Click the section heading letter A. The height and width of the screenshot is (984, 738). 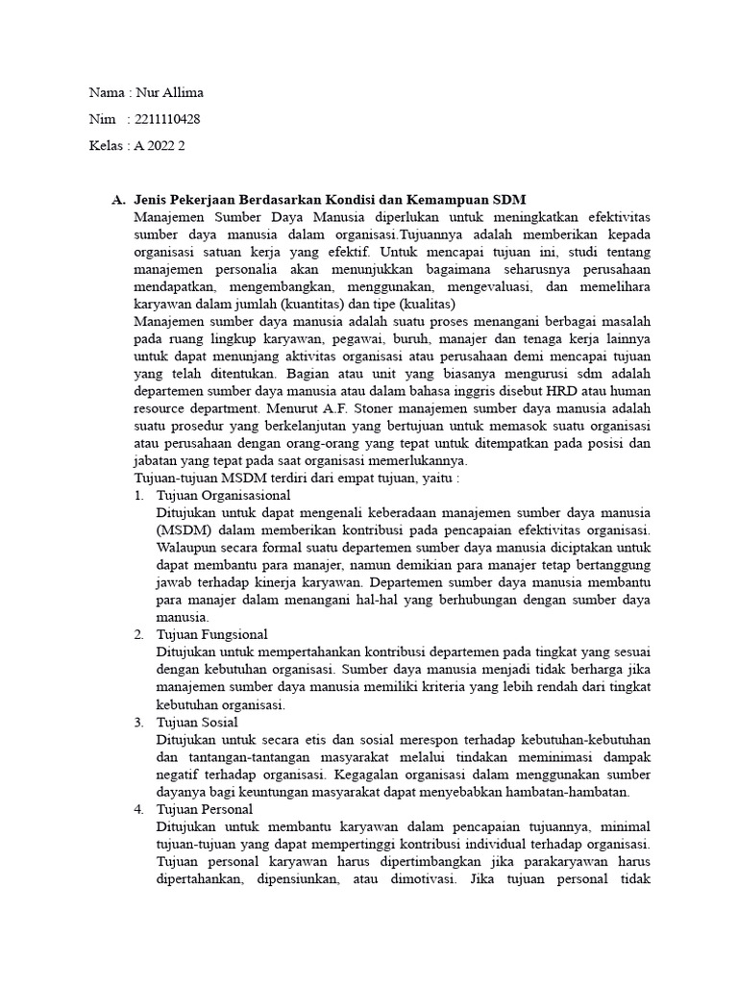click(x=117, y=200)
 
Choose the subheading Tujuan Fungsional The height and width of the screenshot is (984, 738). click(x=211, y=634)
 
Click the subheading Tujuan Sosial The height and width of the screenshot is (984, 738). click(x=197, y=722)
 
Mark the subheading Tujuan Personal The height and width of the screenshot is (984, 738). click(x=205, y=809)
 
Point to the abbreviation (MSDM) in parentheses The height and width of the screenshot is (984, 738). click(x=184, y=529)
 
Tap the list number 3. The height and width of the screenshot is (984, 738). click(x=138, y=722)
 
